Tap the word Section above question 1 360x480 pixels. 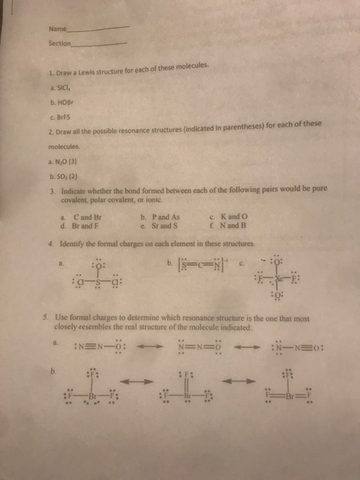click(59, 43)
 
